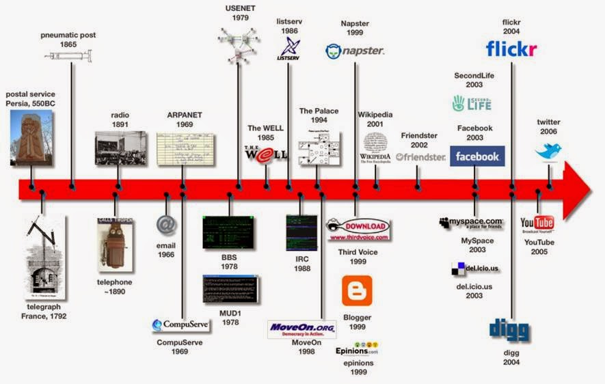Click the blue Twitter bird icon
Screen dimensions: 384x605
(x=548, y=151)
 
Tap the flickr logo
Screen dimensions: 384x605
(x=511, y=49)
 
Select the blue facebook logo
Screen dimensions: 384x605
(x=477, y=156)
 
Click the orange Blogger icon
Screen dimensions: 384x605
(x=357, y=290)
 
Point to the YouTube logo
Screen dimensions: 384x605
(x=537, y=223)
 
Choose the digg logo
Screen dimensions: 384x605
(x=509, y=330)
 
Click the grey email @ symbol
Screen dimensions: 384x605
(x=166, y=224)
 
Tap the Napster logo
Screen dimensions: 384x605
(x=355, y=51)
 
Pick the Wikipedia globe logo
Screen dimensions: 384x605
(x=375, y=142)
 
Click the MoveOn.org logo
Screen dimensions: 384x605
(x=301, y=329)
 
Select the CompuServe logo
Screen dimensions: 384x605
(x=180, y=325)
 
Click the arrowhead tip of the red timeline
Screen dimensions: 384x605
(x=589, y=189)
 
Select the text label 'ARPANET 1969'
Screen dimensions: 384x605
(x=180, y=120)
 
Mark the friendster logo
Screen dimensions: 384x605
(x=420, y=156)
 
